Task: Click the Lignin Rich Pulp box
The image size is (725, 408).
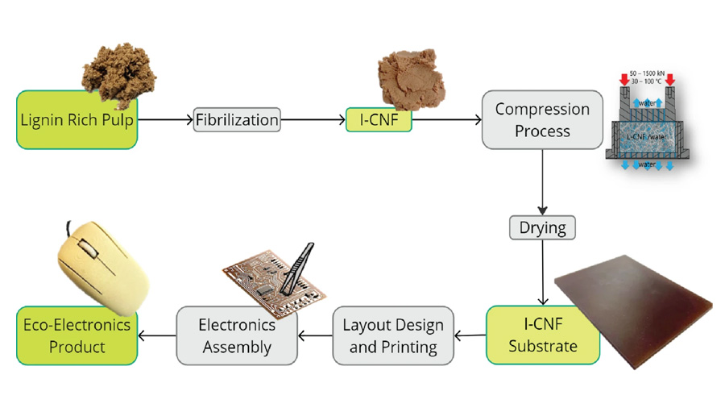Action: pos(77,120)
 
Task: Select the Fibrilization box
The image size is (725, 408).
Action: pos(237,120)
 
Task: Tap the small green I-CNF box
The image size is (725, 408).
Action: pos(379,120)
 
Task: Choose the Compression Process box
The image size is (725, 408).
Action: pos(542,120)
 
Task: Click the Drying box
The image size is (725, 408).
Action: pos(542,227)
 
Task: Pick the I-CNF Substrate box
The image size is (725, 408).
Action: pos(542,335)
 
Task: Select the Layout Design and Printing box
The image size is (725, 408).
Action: pos(393,335)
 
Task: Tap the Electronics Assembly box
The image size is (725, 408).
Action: pos(237,335)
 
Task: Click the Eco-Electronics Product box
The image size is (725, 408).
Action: pos(77,335)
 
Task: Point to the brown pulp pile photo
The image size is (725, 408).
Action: pos(121,69)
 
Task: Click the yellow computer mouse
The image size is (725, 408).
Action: pos(101,266)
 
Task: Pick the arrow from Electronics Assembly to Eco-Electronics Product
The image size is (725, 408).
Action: pos(157,335)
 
